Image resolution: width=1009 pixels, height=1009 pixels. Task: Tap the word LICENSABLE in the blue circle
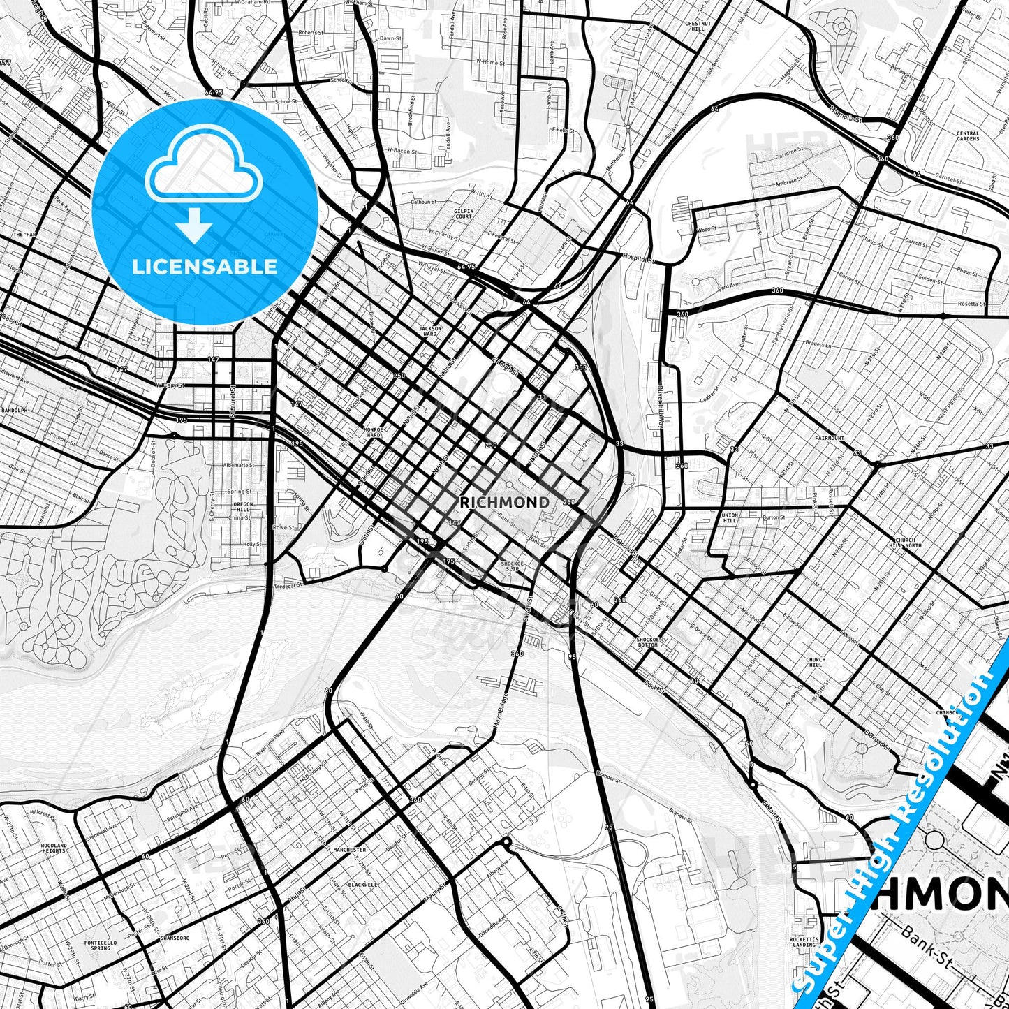coord(205,267)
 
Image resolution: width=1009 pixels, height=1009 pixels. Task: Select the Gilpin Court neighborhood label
coord(464,214)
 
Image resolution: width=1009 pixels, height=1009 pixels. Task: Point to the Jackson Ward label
coord(430,330)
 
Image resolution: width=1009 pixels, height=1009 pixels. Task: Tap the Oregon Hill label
coord(244,507)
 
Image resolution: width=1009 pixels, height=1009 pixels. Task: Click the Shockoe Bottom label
coord(647,642)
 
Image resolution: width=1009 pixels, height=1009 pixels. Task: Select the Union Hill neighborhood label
coord(729,517)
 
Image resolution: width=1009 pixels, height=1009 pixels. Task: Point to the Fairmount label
coord(830,439)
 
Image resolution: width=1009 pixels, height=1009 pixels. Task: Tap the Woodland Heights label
coord(54,848)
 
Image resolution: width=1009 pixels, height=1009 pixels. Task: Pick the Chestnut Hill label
coord(698,26)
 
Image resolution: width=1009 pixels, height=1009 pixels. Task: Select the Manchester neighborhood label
coord(351,850)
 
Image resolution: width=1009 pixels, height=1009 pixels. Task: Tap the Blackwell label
coord(362,884)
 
